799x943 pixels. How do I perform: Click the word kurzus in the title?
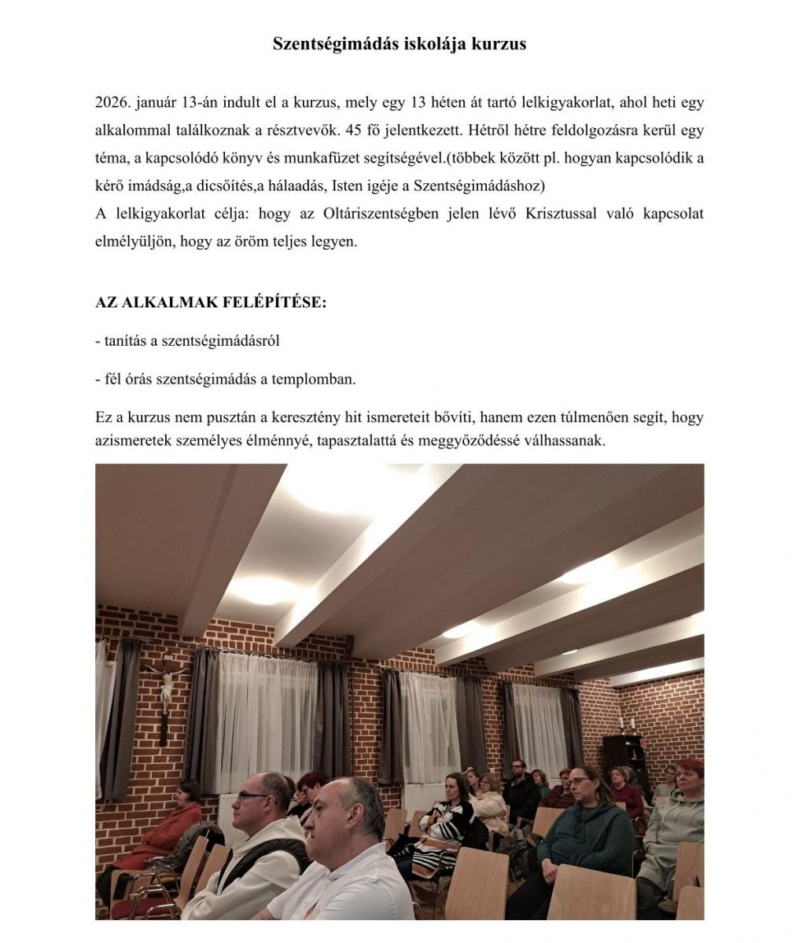pos(499,44)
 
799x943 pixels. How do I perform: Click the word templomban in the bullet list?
pos(314,379)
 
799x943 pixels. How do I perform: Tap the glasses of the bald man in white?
pos(253,796)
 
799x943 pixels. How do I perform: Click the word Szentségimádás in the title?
pos(336,44)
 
